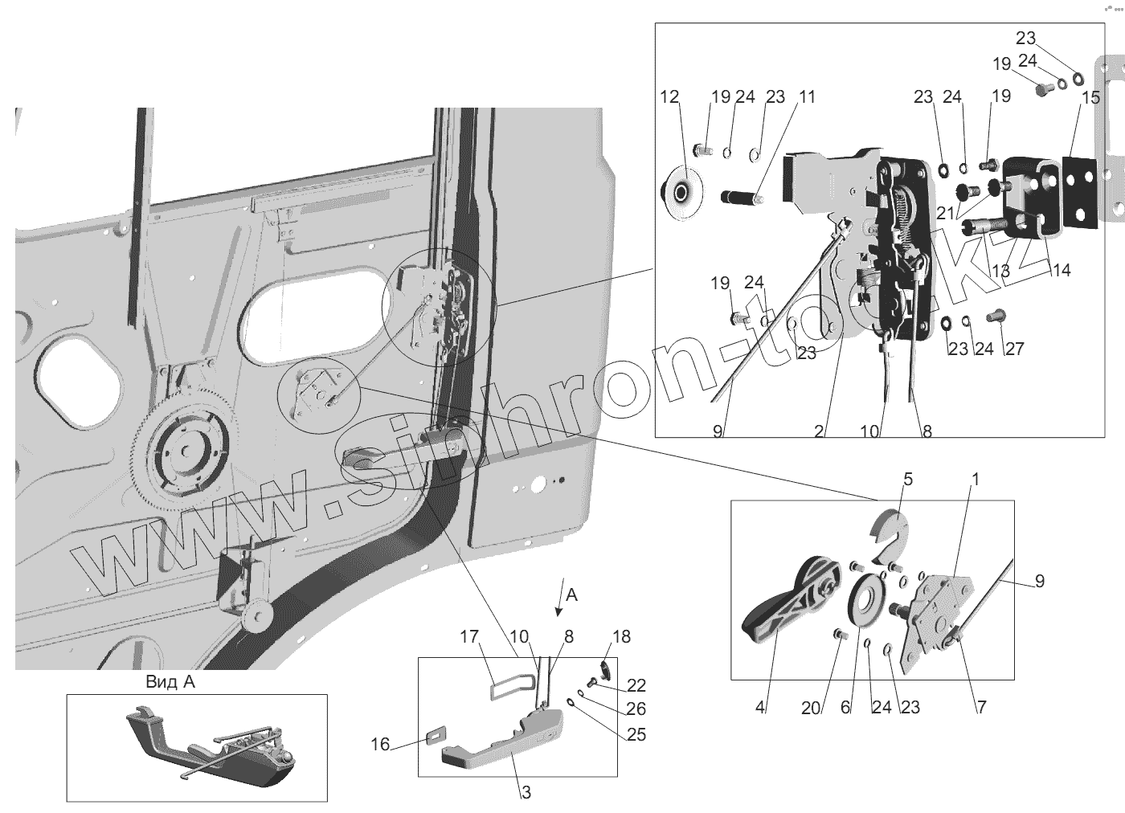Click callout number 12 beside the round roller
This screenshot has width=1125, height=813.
[669, 97]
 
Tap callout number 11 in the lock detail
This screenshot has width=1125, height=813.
[807, 97]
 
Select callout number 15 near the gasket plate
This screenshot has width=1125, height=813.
[1090, 98]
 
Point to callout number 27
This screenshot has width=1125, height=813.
[1015, 349]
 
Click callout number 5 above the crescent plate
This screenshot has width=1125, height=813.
[908, 480]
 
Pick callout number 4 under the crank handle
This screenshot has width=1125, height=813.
[759, 708]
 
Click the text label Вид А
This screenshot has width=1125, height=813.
[170, 682]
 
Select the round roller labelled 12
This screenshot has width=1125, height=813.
[681, 194]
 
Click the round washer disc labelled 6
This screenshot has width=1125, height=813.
[867, 599]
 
